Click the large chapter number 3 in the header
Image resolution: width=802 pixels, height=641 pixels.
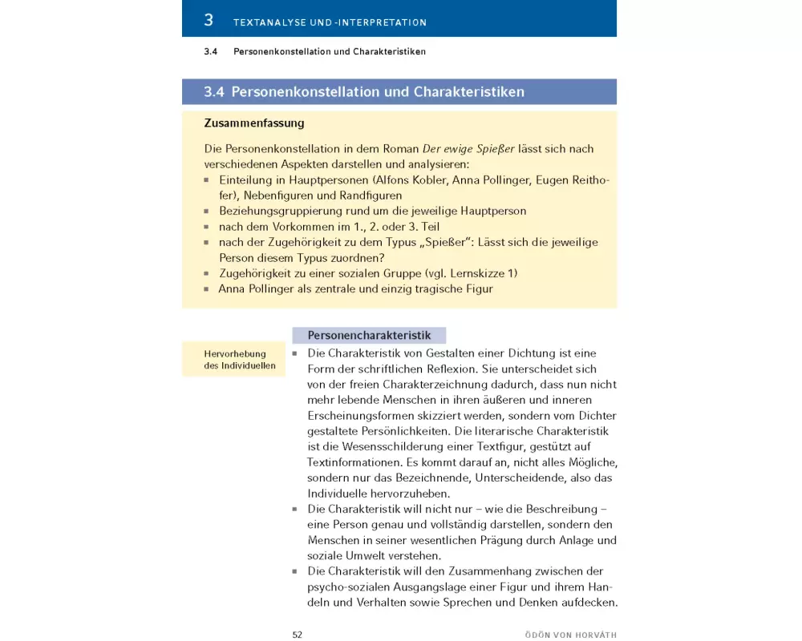pyautogui.click(x=209, y=20)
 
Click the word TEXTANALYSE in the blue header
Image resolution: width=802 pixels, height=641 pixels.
pyautogui.click(x=265, y=23)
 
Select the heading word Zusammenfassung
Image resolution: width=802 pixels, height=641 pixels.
pyautogui.click(x=254, y=123)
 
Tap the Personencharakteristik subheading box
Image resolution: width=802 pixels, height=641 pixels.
pyautogui.click(x=370, y=336)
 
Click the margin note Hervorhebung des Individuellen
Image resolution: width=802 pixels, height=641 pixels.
pyautogui.click(x=235, y=360)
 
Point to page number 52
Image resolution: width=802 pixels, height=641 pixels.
pyautogui.click(x=297, y=635)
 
